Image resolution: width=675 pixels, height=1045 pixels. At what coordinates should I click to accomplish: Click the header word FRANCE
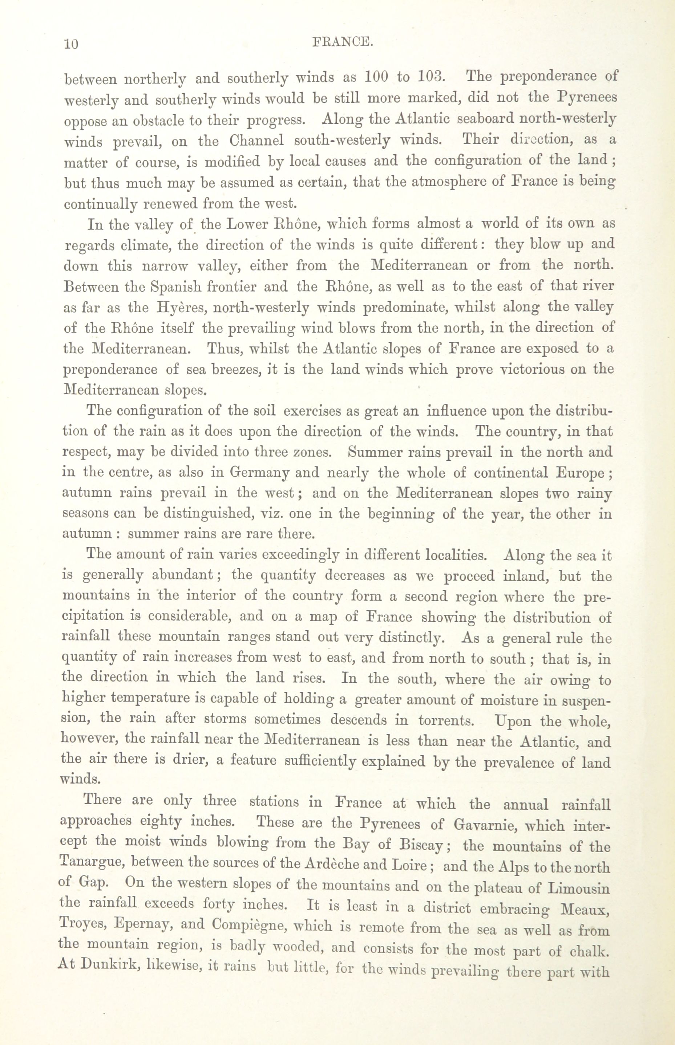[x=342, y=42]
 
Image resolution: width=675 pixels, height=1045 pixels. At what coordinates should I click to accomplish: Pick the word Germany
[x=259, y=473]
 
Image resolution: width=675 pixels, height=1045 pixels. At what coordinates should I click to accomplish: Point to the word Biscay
[x=422, y=845]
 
